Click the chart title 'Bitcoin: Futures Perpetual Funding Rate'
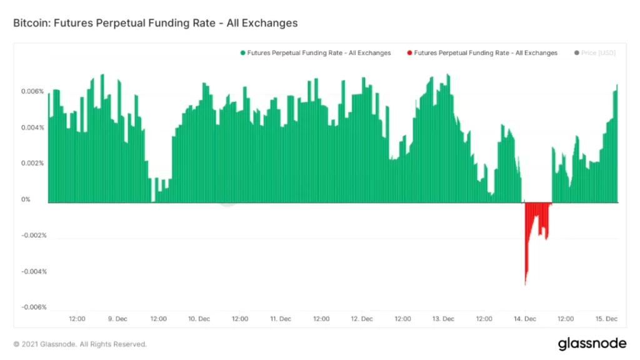click(x=155, y=23)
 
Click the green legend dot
click(x=242, y=53)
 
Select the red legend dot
click(x=409, y=53)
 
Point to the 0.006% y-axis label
click(x=33, y=91)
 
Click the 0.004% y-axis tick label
click(x=33, y=127)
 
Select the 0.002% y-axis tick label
click(x=33, y=163)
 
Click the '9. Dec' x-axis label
click(x=118, y=319)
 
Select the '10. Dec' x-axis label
click(x=199, y=319)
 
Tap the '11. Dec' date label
click(x=281, y=319)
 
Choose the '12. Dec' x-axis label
click(x=362, y=319)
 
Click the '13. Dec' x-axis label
click(x=443, y=319)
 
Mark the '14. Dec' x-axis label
click(x=525, y=319)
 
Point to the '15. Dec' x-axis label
click(x=606, y=319)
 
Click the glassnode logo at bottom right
click(x=591, y=344)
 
